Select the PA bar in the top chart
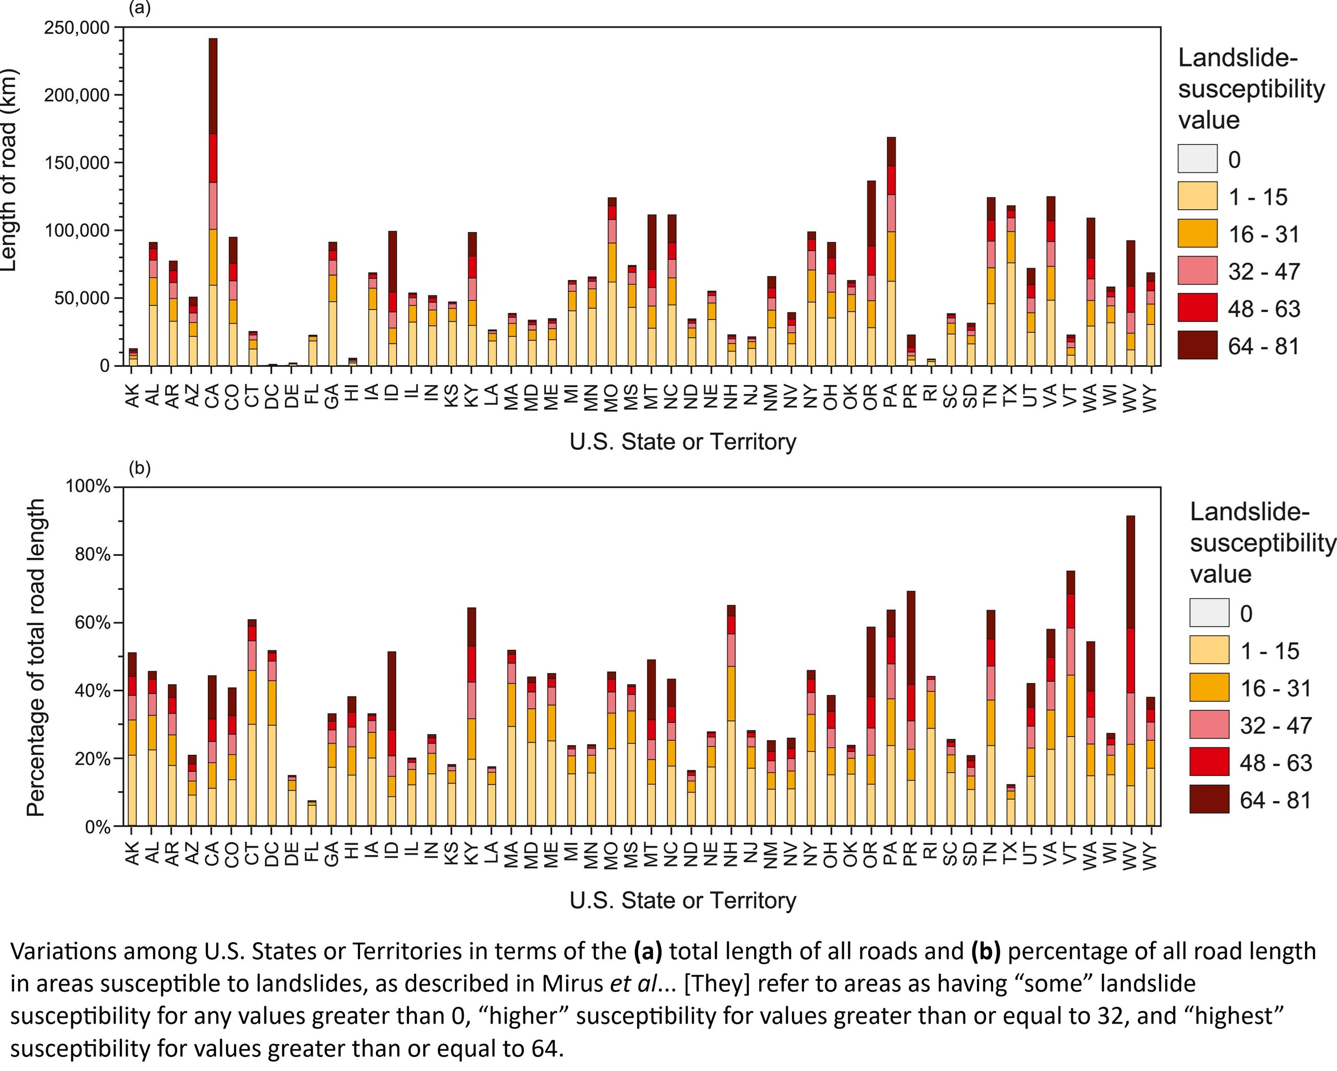(x=891, y=254)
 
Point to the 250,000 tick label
(x=77, y=28)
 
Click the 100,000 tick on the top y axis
(x=77, y=231)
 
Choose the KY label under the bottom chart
(x=472, y=855)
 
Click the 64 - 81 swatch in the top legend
(x=1197, y=345)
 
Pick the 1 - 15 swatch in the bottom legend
(x=1209, y=650)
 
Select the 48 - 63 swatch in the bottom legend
(x=1209, y=762)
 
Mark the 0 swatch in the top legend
(x=1197, y=159)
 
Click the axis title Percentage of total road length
(x=37, y=657)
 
